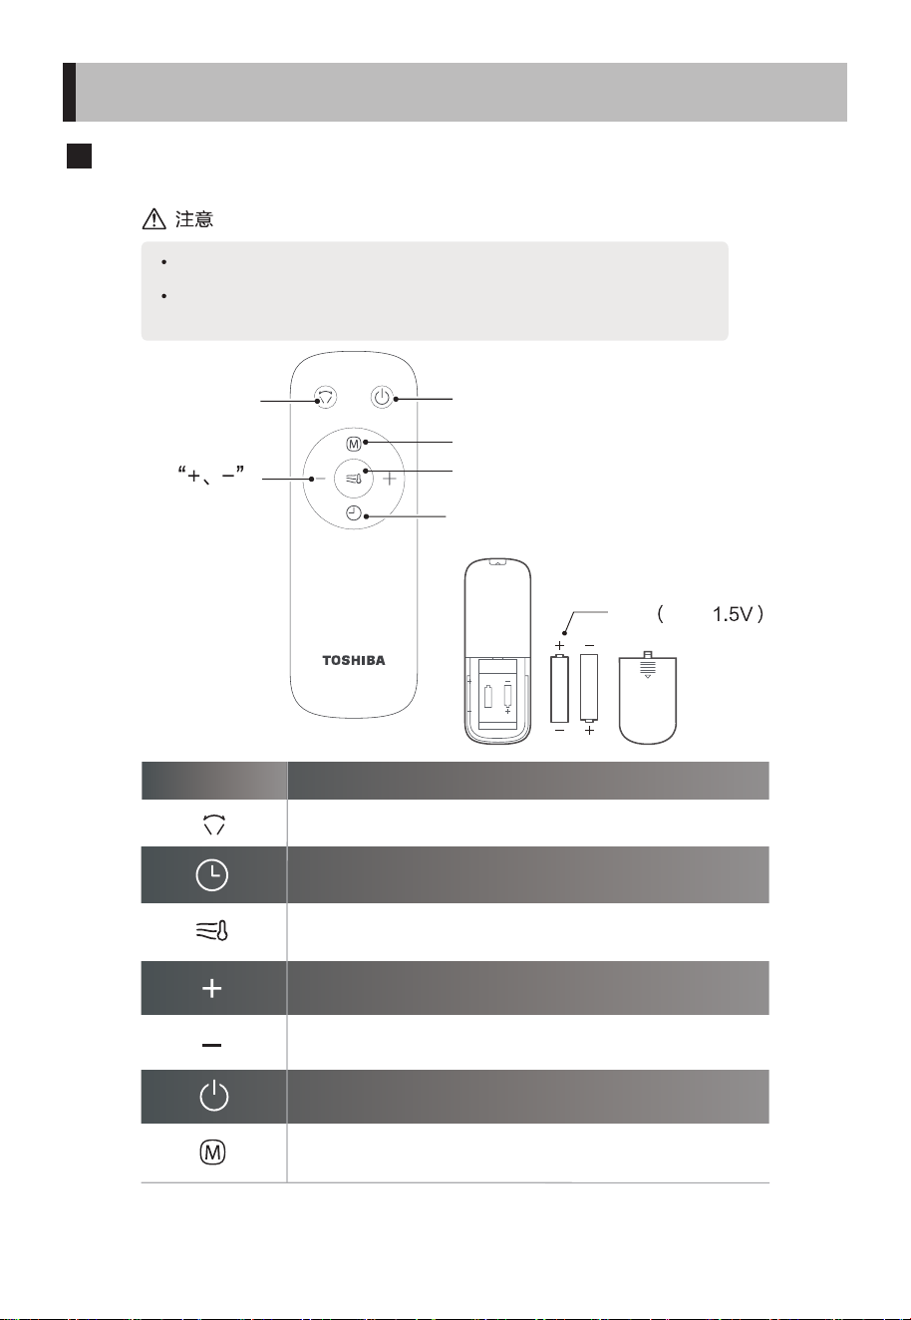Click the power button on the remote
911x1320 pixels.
coord(382,397)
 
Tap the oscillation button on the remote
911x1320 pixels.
coord(325,397)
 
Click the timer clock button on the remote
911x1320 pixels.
coord(354,513)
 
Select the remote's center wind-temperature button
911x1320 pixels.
coord(354,478)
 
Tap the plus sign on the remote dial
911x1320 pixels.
coord(390,479)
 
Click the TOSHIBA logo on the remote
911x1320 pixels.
coord(354,661)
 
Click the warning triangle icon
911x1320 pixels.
coord(153,218)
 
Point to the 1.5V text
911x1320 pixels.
coord(733,614)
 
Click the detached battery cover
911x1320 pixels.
coord(648,698)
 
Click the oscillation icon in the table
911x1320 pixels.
coord(213,824)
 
